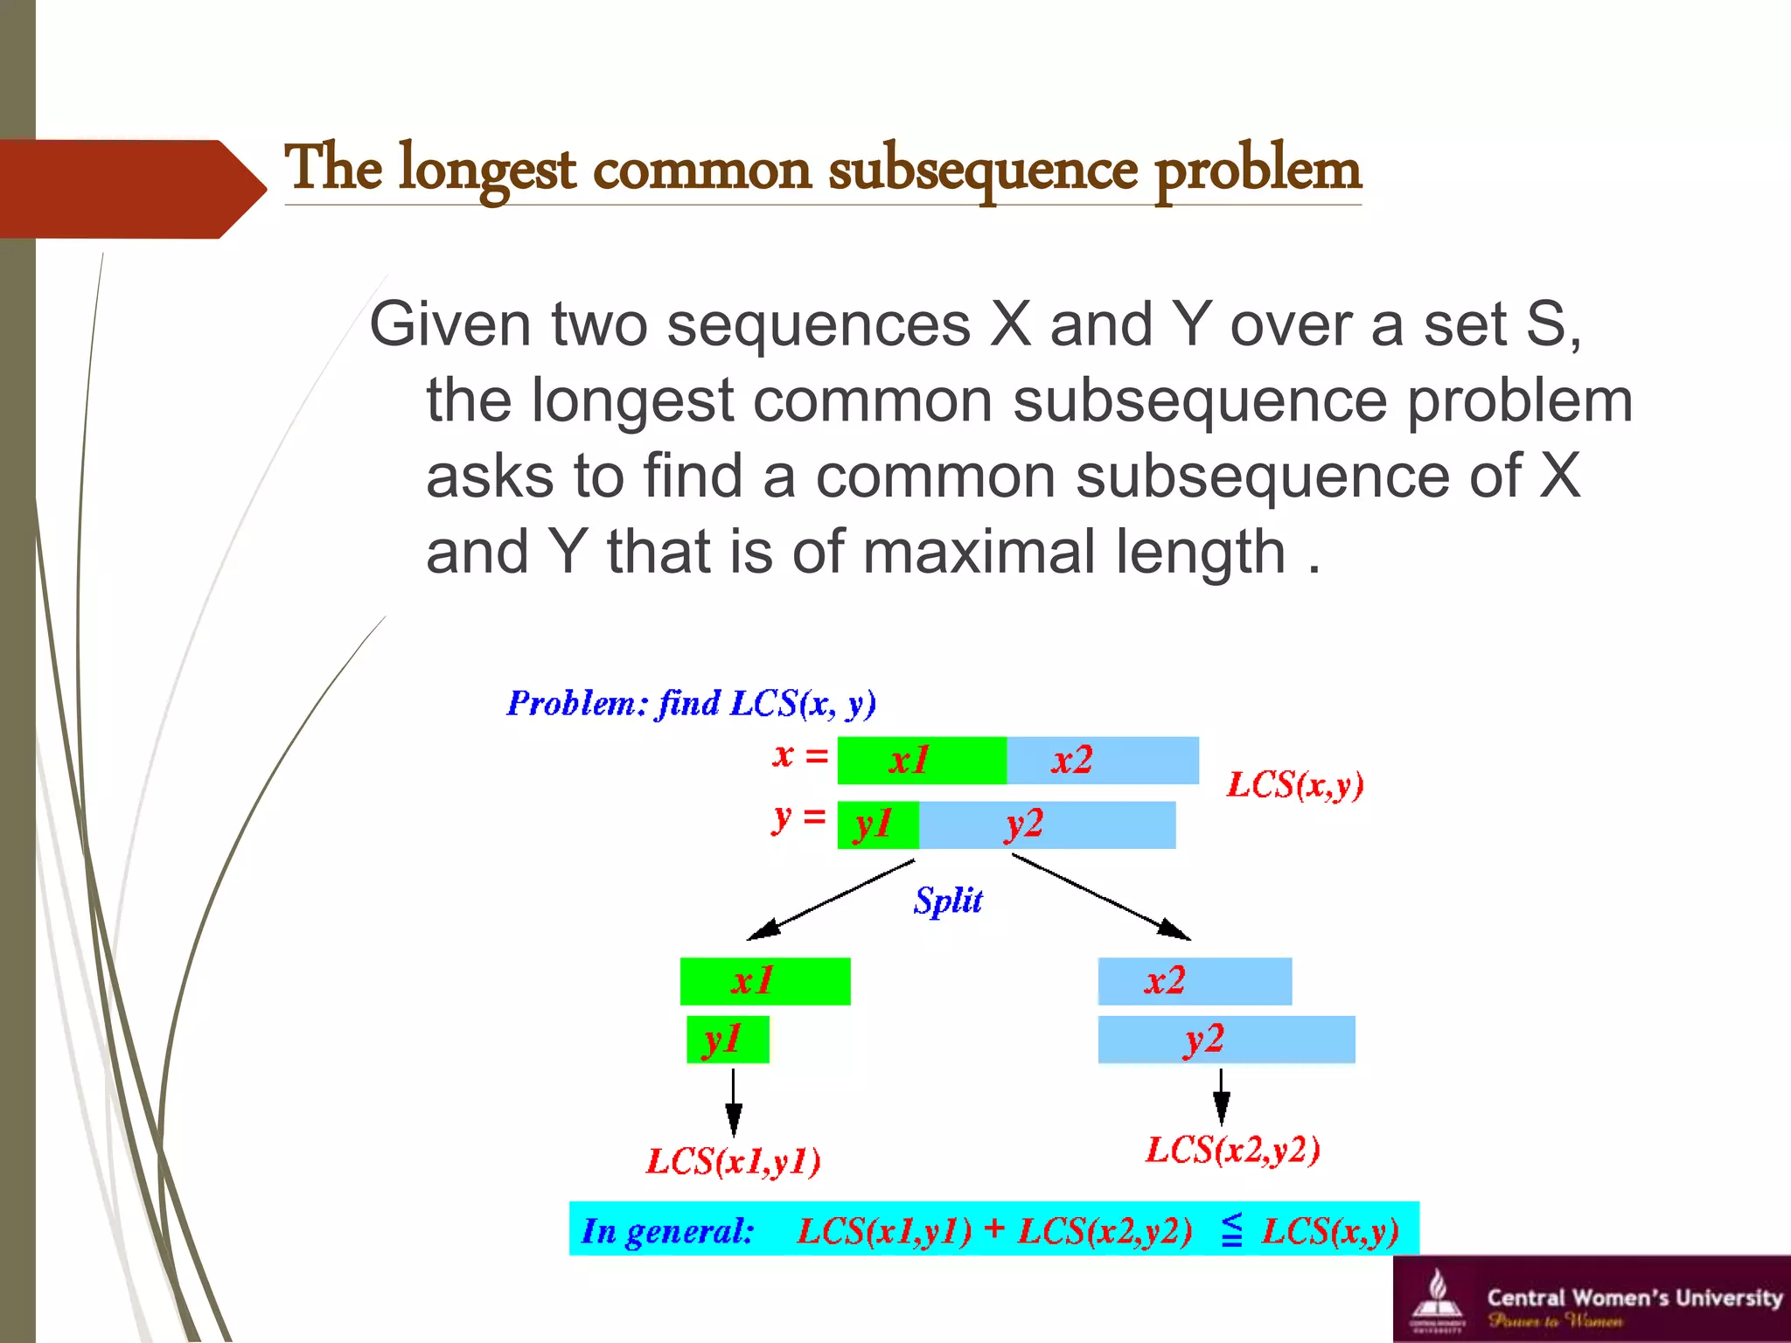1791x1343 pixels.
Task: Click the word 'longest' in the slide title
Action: pyautogui.click(x=487, y=170)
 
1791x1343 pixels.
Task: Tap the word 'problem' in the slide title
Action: pyautogui.click(x=1258, y=170)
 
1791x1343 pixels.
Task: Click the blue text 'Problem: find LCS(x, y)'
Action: pyautogui.click(x=691, y=703)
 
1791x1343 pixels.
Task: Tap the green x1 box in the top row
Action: pyautogui.click(x=921, y=760)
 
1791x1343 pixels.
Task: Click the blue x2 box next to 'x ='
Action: pyautogui.click(x=1102, y=760)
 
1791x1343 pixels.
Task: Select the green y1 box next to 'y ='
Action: pyautogui.click(x=877, y=825)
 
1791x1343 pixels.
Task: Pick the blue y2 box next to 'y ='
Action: pyautogui.click(x=1047, y=825)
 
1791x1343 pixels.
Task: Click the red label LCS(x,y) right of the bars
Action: pyautogui.click(x=1294, y=784)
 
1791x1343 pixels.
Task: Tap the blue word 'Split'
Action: pyautogui.click(x=948, y=901)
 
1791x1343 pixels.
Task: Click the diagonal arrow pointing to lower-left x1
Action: pyautogui.click(x=831, y=901)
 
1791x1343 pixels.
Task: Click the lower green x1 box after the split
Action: pyautogui.click(x=764, y=981)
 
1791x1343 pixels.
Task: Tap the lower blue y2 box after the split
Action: pyautogui.click(x=1226, y=1040)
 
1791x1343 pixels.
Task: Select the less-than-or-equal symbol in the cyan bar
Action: pyautogui.click(x=1231, y=1229)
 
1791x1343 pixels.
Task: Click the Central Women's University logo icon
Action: pyautogui.click(x=1435, y=1297)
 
